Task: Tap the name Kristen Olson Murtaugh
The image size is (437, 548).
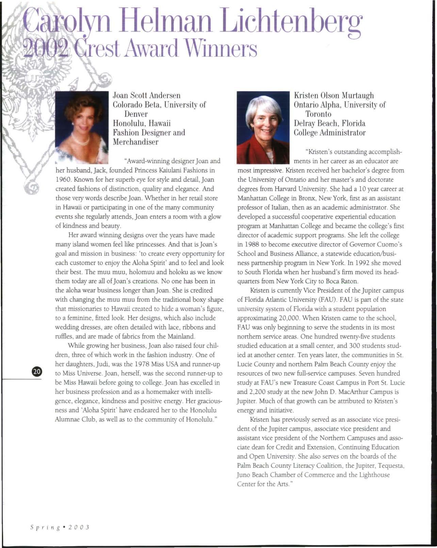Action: pyautogui.click(x=334, y=96)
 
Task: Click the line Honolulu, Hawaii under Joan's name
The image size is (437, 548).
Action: pyautogui.click(x=142, y=123)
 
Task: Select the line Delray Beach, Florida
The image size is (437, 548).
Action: pyautogui.click(x=329, y=123)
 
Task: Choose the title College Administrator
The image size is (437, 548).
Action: pyautogui.click(x=329, y=133)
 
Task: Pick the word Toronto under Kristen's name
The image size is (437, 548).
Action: pyautogui.click(x=318, y=114)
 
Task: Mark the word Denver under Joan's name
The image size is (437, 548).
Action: pyautogui.click(x=135, y=114)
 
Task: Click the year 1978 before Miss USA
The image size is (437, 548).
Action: pyautogui.click(x=145, y=364)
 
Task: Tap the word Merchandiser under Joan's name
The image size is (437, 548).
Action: pyautogui.click(x=135, y=142)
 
